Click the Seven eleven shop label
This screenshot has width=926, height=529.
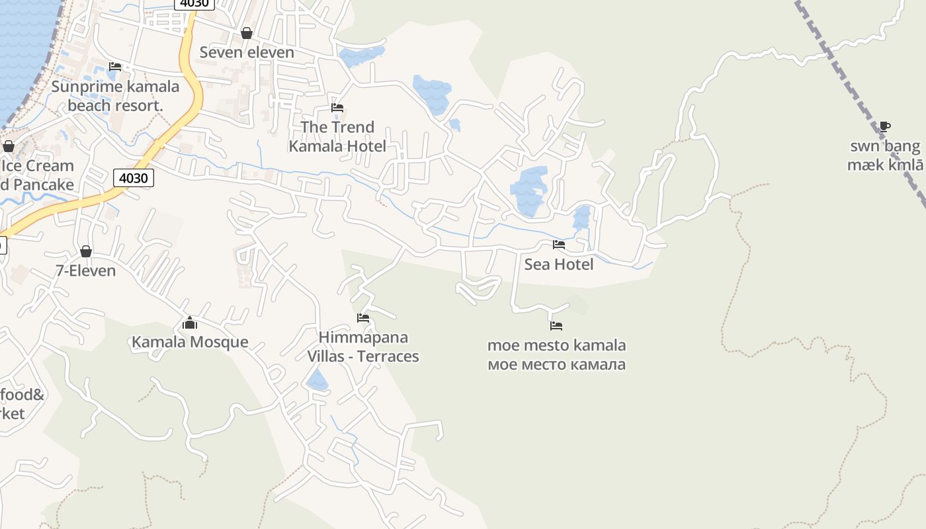[x=247, y=52]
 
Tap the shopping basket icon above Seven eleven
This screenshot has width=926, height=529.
[x=247, y=33]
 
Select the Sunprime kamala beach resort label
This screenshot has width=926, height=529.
[x=115, y=96]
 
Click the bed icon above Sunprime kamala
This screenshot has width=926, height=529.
[x=115, y=66]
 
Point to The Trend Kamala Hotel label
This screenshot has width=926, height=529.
[x=337, y=136]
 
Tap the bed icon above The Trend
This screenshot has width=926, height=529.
[x=337, y=107]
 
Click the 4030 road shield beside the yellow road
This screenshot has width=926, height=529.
[x=134, y=177]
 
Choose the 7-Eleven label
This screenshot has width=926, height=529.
[x=86, y=270]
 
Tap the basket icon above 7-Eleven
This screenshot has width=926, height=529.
[x=86, y=251]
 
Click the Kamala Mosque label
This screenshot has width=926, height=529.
[x=190, y=342]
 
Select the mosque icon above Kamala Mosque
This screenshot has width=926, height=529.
[x=190, y=323]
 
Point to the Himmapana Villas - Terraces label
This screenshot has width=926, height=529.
[x=363, y=346]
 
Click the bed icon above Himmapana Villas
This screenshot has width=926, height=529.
[x=363, y=318]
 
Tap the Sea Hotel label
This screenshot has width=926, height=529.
[x=559, y=264]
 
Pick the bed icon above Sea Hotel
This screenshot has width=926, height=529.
[x=559, y=245]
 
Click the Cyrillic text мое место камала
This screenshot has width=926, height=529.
[x=556, y=364]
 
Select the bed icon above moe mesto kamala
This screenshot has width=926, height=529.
[x=556, y=326]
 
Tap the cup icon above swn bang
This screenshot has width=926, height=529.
[x=885, y=126]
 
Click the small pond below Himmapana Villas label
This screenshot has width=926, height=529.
[x=317, y=381]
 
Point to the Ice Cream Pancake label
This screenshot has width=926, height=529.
[x=36, y=175]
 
